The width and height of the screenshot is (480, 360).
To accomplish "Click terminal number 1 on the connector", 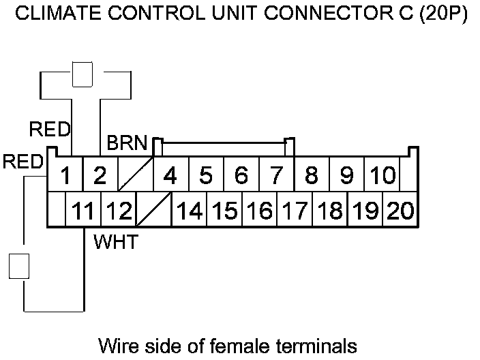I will coord(65,177).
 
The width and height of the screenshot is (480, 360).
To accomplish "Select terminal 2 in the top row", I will coord(100,177).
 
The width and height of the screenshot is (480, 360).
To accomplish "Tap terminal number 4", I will coord(170,177).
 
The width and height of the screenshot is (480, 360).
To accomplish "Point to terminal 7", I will coord(276,177).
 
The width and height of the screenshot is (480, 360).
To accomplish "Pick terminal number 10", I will coord(382,177).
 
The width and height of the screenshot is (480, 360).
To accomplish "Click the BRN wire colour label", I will coord(127,145).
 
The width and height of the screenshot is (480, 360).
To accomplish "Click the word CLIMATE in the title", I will coord(50,15).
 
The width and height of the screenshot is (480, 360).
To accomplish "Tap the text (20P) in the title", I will coord(443,15).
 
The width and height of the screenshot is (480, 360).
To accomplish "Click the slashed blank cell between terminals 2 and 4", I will coord(135,177).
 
